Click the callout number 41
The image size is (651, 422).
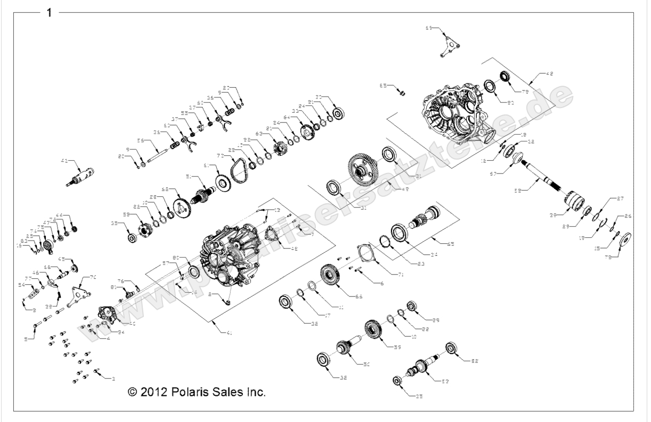[230, 333]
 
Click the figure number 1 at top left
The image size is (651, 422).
[50, 12]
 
